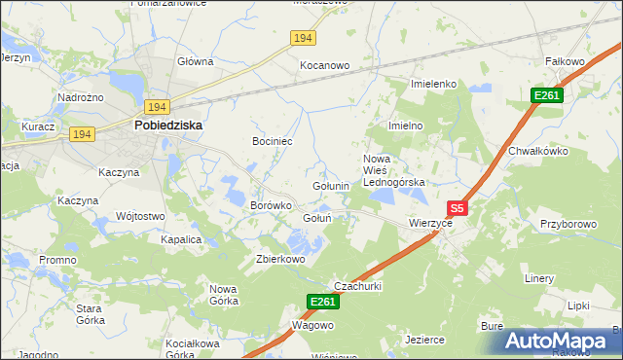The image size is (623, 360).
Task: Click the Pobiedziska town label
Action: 167,125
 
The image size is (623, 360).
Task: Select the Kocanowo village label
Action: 324,65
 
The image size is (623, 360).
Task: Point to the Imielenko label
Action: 434,85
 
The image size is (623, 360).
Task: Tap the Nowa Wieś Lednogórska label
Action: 393,170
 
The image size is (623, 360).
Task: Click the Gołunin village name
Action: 330,186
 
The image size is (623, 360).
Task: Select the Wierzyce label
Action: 431,223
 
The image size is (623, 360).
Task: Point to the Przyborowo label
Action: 568,224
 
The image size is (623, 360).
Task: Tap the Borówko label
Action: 272,205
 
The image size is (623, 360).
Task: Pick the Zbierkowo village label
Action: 280,259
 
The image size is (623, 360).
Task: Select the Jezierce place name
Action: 424,340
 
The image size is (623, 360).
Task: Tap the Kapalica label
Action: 181,238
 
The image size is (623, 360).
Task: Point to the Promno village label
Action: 57,260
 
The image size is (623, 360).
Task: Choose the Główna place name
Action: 195,61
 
